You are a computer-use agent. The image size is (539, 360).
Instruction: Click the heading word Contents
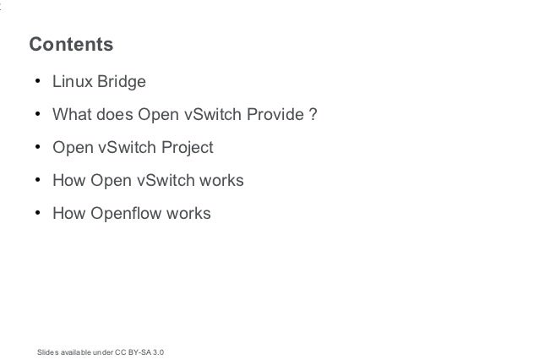pyautogui.click(x=71, y=44)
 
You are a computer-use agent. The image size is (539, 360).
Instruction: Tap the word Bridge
pyautogui.click(x=122, y=83)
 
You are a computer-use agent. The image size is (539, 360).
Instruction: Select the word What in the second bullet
pyautogui.click(x=71, y=116)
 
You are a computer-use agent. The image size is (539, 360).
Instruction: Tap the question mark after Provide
pyautogui.click(x=313, y=116)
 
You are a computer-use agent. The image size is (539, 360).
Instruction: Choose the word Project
pyautogui.click(x=185, y=149)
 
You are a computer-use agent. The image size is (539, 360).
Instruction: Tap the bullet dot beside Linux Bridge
pyautogui.click(x=37, y=83)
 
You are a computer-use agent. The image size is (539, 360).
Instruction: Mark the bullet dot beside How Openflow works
pyautogui.click(x=37, y=215)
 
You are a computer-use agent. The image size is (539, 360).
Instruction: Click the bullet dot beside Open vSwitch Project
pyautogui.click(x=37, y=149)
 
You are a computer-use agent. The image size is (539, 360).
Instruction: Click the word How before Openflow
pyautogui.click(x=69, y=215)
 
